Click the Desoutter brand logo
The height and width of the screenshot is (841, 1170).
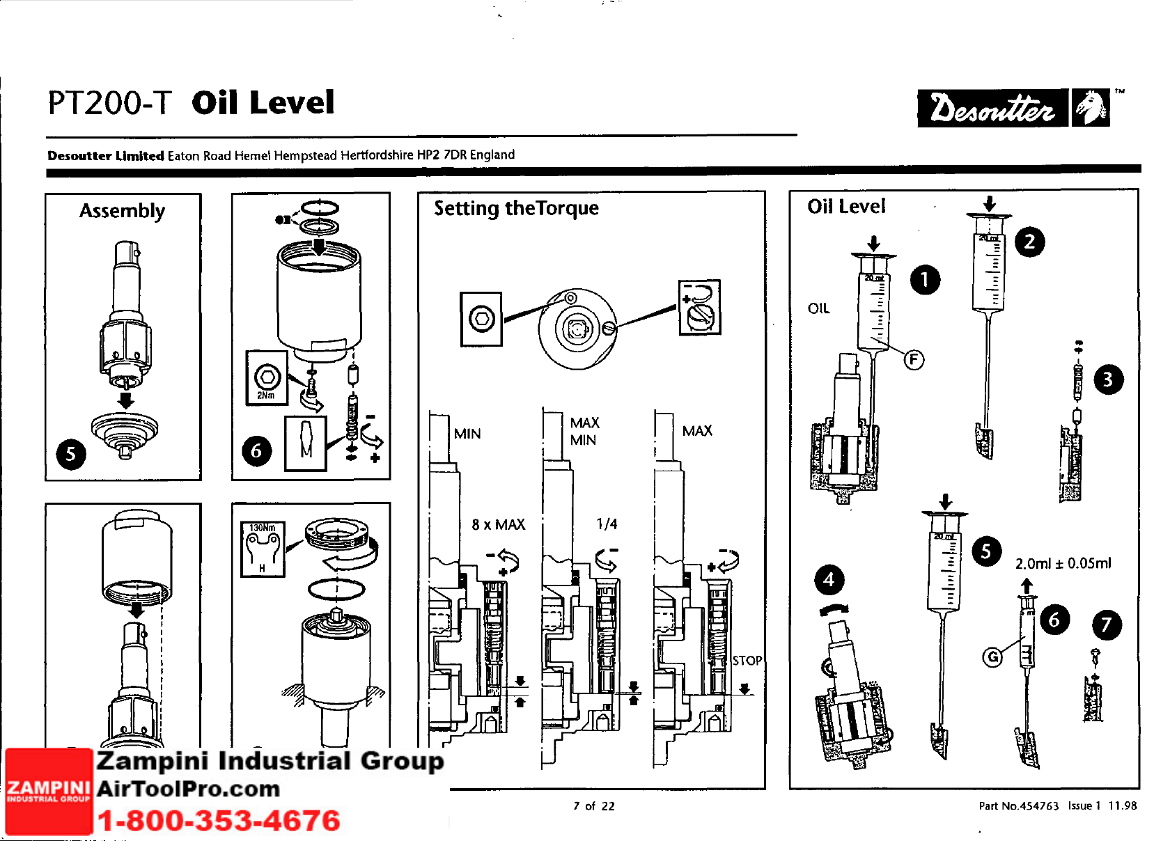[x=1013, y=108]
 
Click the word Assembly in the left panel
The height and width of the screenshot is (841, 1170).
[x=122, y=210]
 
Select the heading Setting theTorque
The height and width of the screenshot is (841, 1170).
[x=516, y=208]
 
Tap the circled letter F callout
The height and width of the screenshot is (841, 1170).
[x=914, y=359]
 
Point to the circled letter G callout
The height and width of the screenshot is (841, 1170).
[x=992, y=656]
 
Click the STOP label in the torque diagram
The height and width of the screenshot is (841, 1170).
[x=747, y=660]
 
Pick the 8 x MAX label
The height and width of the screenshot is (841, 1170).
[x=498, y=524]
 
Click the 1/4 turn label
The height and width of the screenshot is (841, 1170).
[x=607, y=524]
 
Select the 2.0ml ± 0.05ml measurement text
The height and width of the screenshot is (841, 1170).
[x=1063, y=563]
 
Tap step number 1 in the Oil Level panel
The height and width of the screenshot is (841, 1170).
[x=925, y=280]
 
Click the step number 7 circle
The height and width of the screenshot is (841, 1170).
[x=1107, y=624]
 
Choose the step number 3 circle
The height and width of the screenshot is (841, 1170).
[x=1108, y=379]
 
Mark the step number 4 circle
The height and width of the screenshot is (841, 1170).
[x=829, y=579]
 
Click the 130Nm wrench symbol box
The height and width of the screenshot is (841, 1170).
[x=263, y=549]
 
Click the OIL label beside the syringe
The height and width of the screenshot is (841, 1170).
[x=818, y=308]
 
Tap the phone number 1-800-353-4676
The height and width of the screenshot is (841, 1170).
[x=219, y=820]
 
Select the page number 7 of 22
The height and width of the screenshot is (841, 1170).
[x=593, y=805]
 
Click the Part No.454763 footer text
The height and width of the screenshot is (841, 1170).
[x=1018, y=805]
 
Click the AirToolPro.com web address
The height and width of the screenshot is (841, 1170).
[x=188, y=789]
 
